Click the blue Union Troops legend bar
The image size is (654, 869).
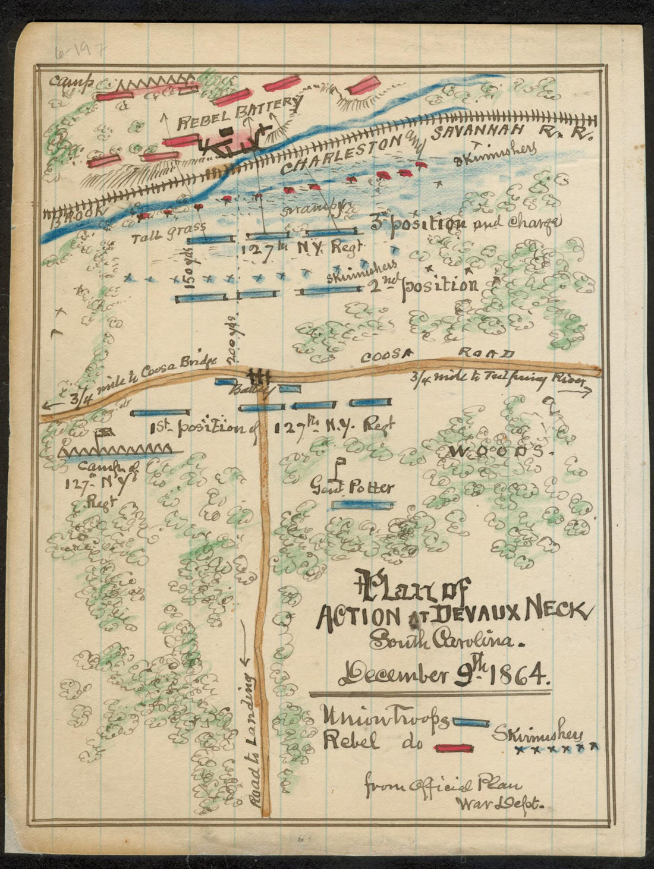471,722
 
